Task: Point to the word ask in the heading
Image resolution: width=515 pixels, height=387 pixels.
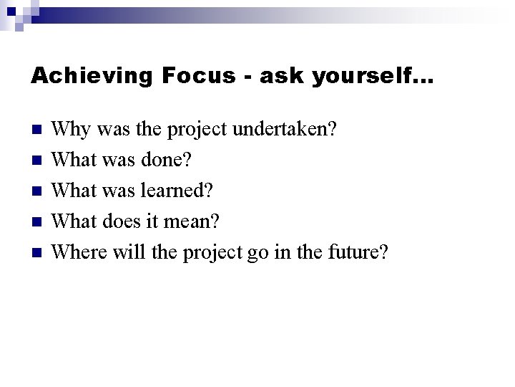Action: point(280,75)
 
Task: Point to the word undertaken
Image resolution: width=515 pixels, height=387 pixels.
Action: point(288,130)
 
